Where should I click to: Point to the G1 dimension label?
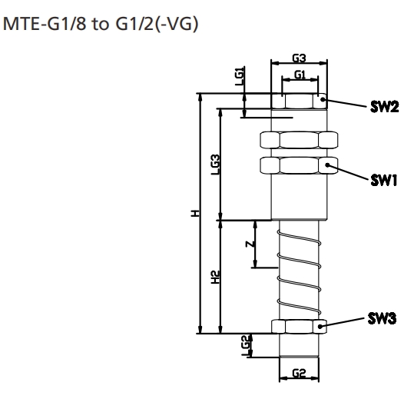300,74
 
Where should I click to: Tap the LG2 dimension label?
244,344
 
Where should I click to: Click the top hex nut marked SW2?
299,101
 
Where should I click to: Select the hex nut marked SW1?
299,166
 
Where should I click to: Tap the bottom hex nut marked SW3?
299,327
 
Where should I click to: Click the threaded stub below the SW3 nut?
299,347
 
